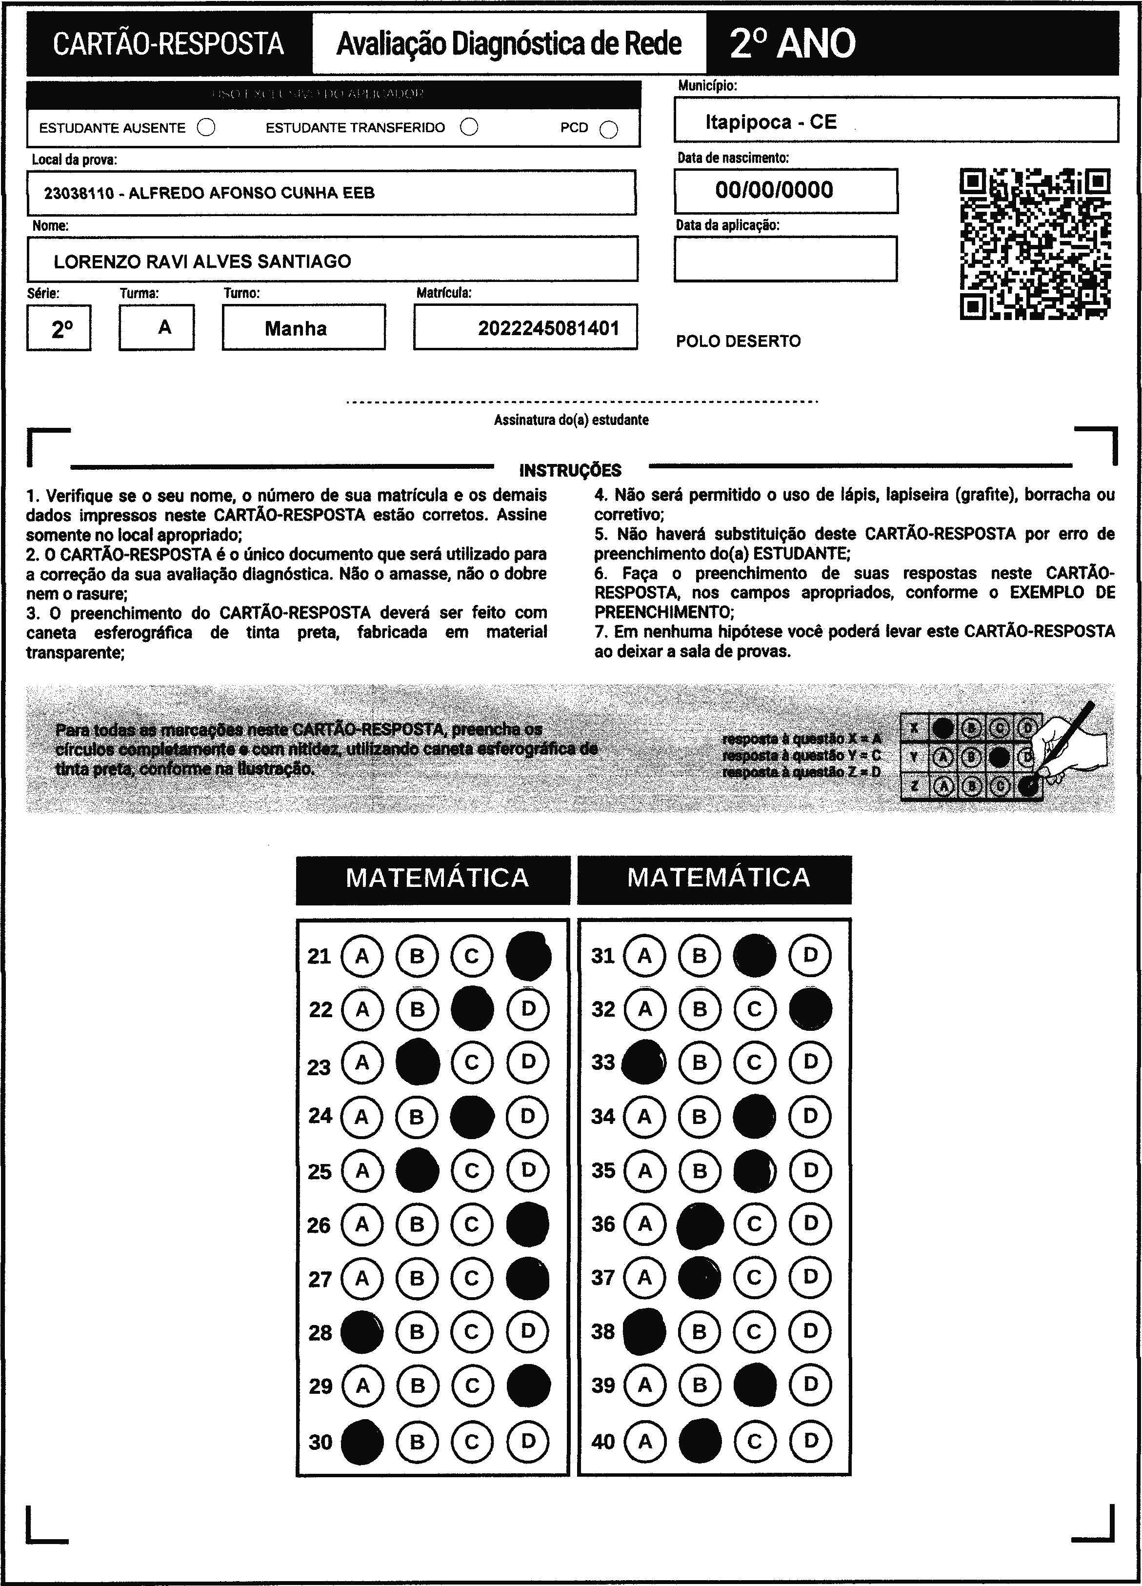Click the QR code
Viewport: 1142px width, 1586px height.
tap(1035, 244)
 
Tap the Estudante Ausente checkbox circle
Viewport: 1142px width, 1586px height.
tap(206, 128)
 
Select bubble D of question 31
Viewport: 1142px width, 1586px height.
tap(810, 955)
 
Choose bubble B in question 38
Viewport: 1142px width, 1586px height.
tap(700, 1331)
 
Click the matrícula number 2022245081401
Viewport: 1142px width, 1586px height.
tap(548, 328)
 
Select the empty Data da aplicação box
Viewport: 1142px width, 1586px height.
tap(785, 259)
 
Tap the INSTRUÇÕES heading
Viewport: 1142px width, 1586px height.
tap(570, 470)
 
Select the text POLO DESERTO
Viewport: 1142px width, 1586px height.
tap(738, 341)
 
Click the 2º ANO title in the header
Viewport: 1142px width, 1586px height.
tap(792, 43)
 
